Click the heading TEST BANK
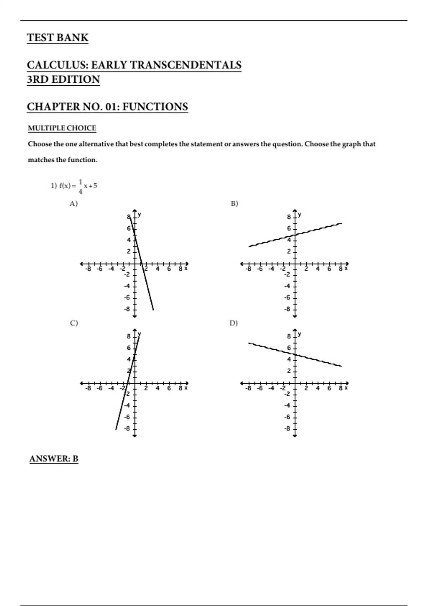57,38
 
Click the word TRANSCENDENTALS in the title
185,65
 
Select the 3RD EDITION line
63,79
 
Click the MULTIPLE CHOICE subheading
62,128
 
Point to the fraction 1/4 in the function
80,186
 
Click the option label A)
73,204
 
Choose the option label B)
234,204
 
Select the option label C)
74,323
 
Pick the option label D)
234,323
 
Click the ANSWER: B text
54,459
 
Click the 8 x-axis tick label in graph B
341,269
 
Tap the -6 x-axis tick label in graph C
100,388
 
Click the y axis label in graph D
300,334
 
